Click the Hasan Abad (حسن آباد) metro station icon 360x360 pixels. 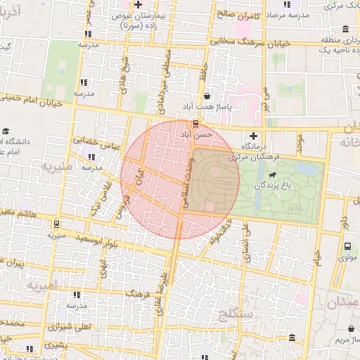click(x=195, y=124)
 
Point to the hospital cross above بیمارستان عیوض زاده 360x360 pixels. click(x=139, y=5)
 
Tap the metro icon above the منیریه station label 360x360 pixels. click(x=56, y=224)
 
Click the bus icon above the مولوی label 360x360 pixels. click(x=347, y=247)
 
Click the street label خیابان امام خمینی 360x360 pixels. click(x=32, y=101)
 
